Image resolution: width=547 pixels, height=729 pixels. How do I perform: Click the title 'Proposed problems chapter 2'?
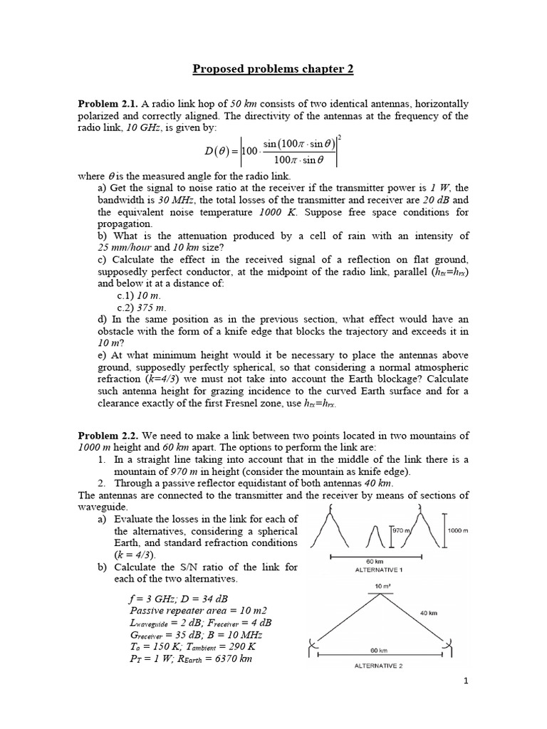(273, 69)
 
